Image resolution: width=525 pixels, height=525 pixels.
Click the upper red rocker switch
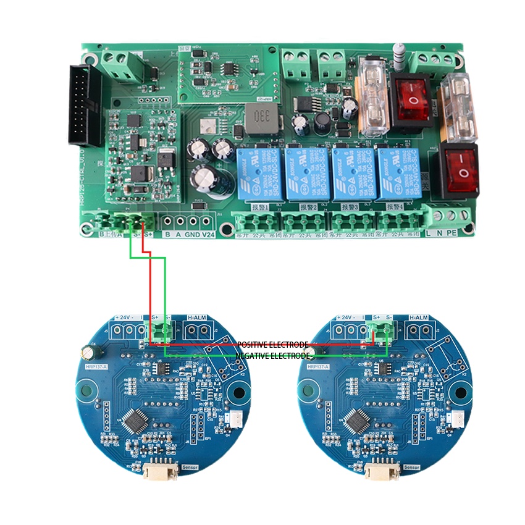tap(410, 99)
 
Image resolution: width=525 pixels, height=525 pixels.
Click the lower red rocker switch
tap(458, 170)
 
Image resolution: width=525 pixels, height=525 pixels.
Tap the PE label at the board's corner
tap(453, 233)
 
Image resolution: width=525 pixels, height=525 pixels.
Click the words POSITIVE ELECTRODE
tap(272, 344)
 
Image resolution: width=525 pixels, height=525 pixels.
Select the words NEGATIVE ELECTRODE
tap(272, 356)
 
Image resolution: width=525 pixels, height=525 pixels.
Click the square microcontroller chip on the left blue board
tap(135, 421)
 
